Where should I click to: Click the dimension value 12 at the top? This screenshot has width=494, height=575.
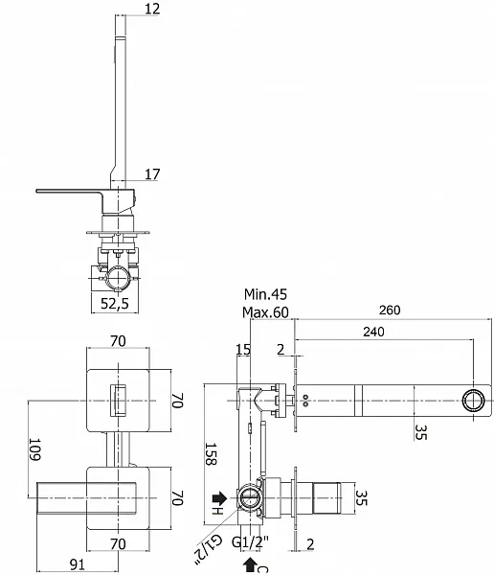152,9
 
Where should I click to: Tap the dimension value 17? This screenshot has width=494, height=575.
152,174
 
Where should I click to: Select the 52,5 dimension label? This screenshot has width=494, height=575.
115,303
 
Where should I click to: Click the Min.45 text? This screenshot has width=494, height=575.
266,294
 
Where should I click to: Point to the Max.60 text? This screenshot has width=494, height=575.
265,312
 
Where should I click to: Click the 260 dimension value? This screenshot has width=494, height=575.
390,310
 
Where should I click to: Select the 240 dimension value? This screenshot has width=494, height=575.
373,332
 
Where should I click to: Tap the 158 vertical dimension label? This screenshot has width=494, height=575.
210,454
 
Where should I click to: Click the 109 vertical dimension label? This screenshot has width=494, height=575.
34,449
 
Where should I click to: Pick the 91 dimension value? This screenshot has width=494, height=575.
77,564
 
